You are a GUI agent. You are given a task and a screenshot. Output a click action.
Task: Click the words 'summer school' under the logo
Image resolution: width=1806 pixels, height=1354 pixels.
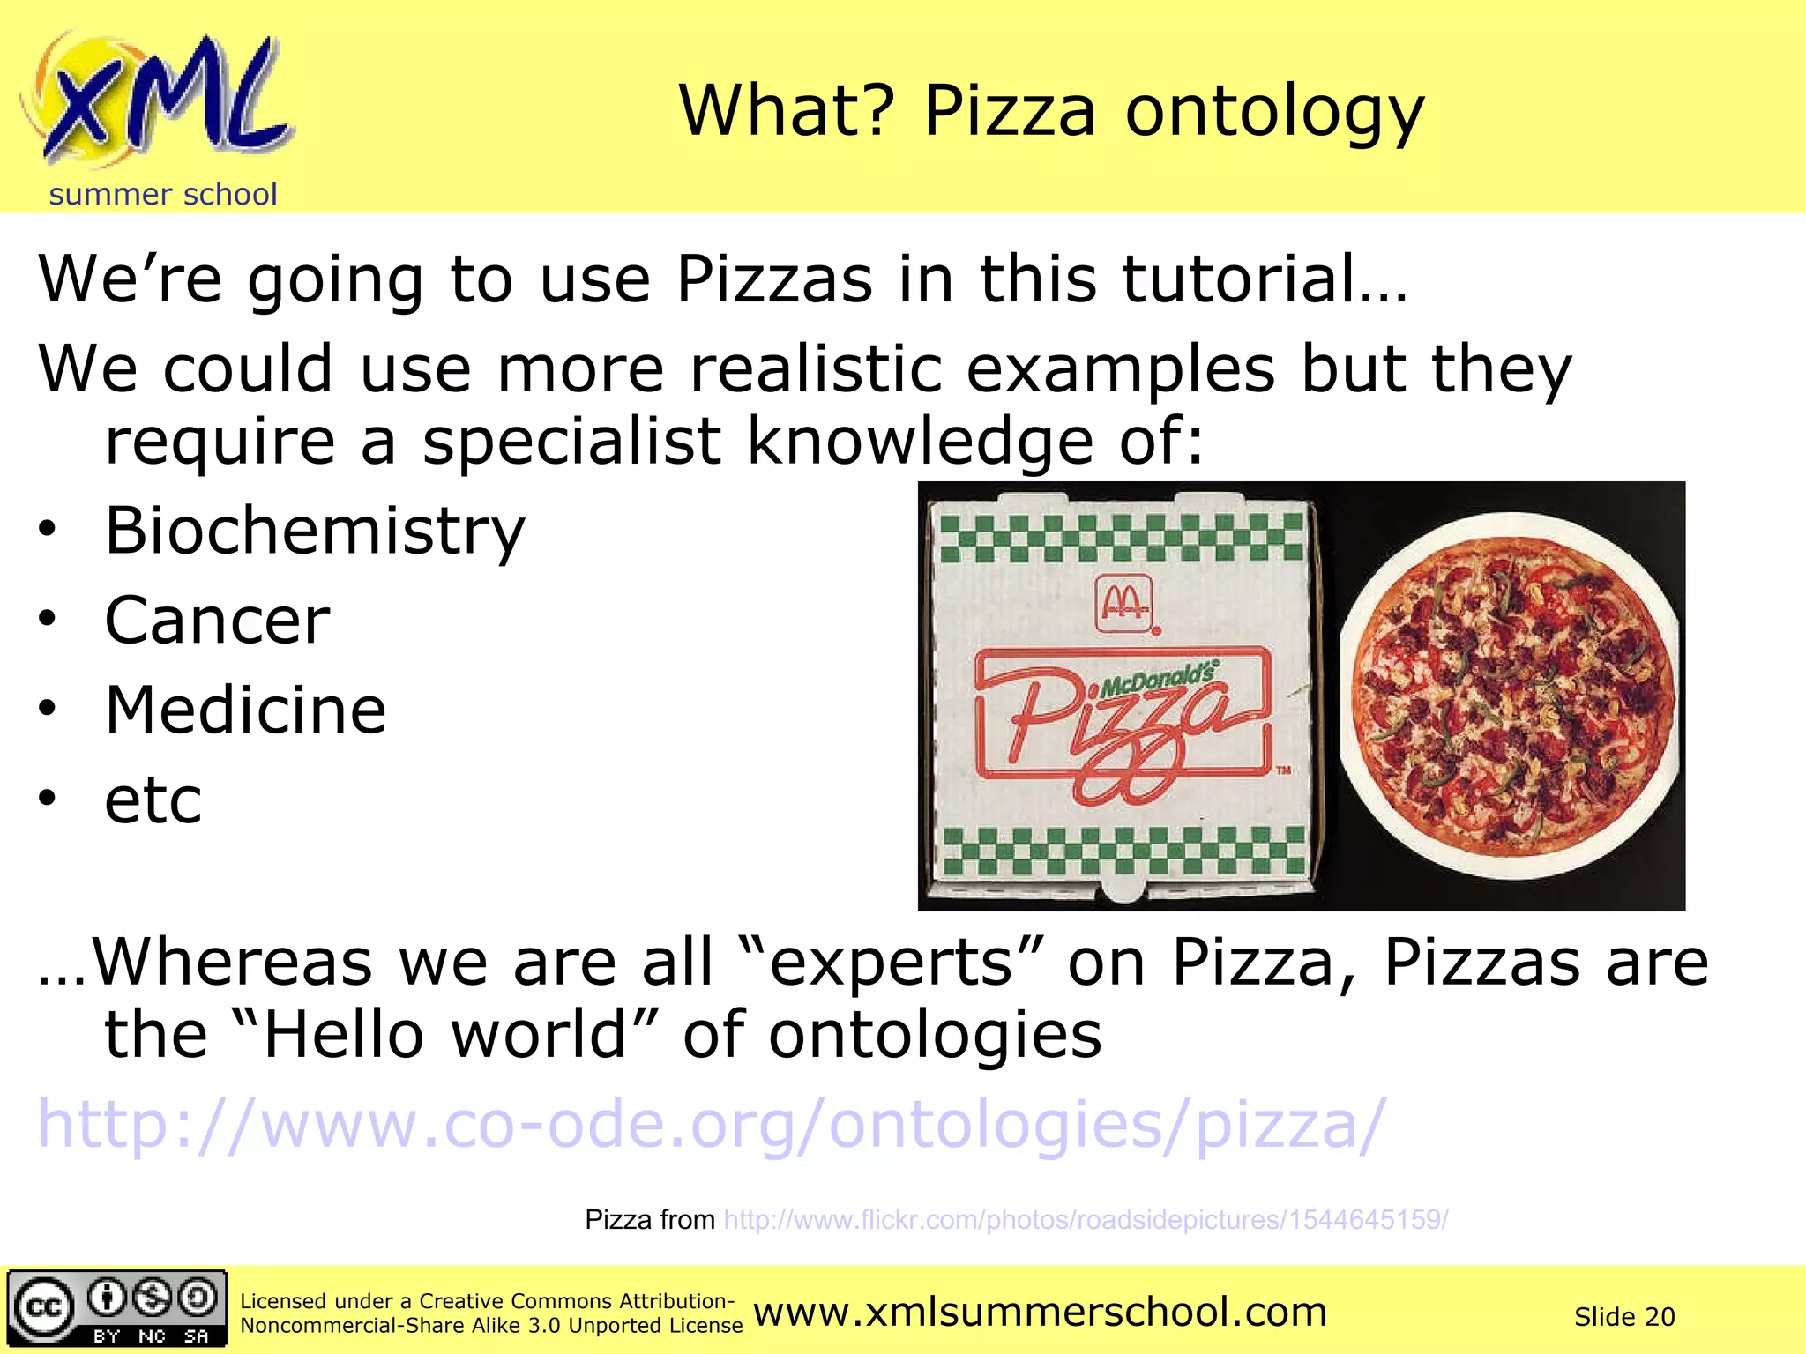[163, 194]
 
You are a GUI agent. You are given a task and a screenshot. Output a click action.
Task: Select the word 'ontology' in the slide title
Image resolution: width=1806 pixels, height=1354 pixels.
[1274, 112]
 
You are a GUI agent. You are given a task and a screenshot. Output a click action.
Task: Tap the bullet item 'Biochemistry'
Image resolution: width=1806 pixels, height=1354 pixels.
[315, 532]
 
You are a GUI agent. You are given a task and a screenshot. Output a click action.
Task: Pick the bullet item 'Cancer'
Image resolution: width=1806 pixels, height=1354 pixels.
[217, 621]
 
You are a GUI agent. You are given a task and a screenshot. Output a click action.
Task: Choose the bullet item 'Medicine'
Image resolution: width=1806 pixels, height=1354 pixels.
[245, 710]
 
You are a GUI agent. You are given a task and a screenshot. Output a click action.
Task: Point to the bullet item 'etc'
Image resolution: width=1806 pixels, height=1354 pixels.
[153, 800]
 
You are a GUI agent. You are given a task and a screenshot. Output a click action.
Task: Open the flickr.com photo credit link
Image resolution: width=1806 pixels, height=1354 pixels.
[1086, 1220]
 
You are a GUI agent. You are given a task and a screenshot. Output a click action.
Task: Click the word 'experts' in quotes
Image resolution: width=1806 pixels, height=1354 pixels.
[891, 963]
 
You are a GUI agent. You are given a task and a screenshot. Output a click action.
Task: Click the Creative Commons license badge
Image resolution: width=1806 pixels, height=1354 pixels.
[116, 1309]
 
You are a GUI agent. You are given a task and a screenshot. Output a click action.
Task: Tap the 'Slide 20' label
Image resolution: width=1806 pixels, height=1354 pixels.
[1624, 1317]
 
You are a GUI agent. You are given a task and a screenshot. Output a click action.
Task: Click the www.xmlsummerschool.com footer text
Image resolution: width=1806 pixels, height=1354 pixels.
[1041, 1313]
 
